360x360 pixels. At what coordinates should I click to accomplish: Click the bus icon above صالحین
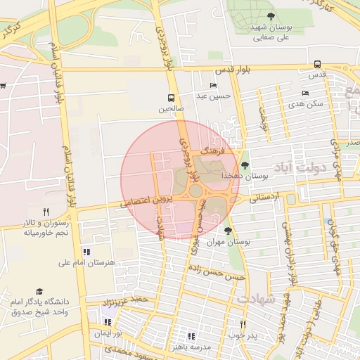(171, 98)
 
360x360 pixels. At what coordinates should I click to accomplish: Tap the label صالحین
(171, 109)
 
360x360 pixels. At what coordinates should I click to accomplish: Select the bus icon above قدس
(318, 63)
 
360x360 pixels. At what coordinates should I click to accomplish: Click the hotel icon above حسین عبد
(213, 86)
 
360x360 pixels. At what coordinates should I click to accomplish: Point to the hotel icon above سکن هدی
(305, 93)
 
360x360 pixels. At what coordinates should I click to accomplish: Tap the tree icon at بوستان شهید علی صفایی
(271, 15)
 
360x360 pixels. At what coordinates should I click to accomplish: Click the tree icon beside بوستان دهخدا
(245, 166)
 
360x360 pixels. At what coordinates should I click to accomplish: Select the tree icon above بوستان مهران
(227, 230)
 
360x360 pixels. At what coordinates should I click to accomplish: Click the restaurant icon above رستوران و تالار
(46, 211)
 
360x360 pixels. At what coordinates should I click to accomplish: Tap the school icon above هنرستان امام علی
(86, 251)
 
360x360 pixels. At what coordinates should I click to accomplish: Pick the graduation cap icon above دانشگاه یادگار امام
(39, 290)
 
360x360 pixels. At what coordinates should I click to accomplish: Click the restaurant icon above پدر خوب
(243, 324)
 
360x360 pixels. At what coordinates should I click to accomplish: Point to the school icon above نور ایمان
(107, 322)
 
